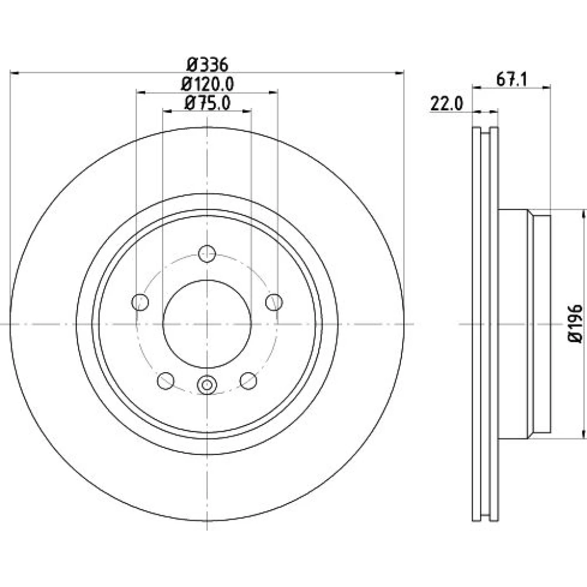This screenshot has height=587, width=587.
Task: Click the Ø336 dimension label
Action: click(x=207, y=65)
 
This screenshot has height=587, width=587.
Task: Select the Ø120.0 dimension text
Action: click(x=207, y=84)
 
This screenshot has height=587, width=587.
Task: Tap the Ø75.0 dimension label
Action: click(x=207, y=103)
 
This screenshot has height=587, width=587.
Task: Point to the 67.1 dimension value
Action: click(x=511, y=79)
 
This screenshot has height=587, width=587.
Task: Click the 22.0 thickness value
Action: click(x=447, y=103)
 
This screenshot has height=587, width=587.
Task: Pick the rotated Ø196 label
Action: click(x=575, y=323)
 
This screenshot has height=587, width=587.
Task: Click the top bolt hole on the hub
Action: click(x=207, y=254)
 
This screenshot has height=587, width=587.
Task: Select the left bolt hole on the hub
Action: click(x=140, y=302)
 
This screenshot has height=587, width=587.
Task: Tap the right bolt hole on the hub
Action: click(x=274, y=302)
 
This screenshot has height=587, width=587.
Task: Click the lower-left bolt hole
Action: click(x=166, y=381)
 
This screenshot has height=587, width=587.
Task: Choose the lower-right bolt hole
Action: click(x=248, y=381)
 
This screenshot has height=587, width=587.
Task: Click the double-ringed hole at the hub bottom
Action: click(x=207, y=384)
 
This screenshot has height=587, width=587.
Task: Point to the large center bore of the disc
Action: click(x=207, y=324)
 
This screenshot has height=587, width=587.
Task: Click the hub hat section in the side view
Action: click(x=524, y=324)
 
